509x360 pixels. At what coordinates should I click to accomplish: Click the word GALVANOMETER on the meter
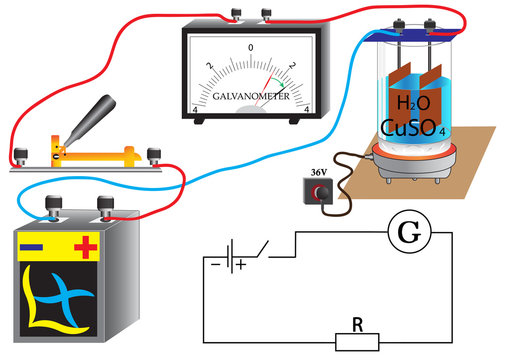click(250, 98)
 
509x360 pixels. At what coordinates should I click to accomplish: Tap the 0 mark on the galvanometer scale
click(251, 47)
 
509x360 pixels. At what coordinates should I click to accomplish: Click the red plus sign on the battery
click(86, 246)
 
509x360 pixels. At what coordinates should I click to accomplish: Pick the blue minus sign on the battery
click(31, 245)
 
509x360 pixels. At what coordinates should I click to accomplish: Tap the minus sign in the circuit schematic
click(216, 266)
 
